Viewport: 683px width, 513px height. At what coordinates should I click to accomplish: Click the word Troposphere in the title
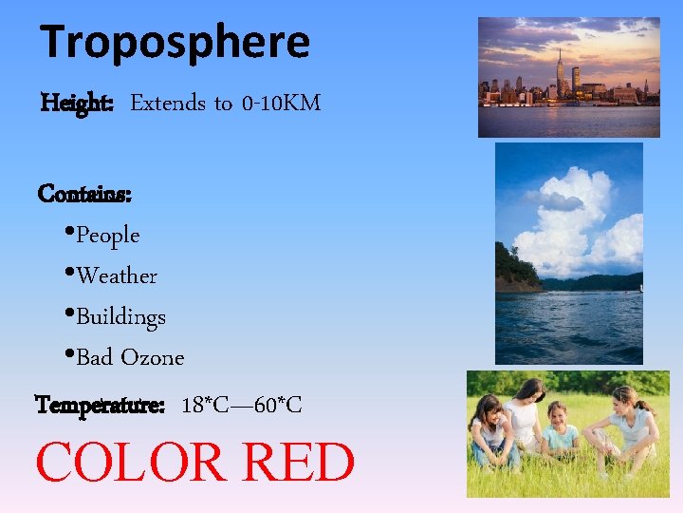pos(175,42)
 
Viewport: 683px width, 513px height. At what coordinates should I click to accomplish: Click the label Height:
pos(78,103)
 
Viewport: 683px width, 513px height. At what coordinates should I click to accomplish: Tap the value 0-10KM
pos(281,103)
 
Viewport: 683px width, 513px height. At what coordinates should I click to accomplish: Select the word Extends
pos(168,103)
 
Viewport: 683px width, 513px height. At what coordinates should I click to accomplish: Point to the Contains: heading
pos(84,194)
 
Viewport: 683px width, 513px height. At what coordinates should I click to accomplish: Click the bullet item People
pos(107,235)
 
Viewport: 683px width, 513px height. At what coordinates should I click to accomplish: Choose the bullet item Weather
pos(117,275)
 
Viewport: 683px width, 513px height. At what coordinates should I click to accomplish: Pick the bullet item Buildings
pos(120,316)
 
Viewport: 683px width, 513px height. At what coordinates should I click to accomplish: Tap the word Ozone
pos(153,357)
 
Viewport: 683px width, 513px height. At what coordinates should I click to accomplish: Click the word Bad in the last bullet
pos(95,357)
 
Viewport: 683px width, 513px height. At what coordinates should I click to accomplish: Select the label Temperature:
pos(100,406)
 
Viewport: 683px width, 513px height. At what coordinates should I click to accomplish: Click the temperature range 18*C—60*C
pos(241,406)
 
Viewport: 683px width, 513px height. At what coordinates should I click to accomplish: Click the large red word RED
pos(299,463)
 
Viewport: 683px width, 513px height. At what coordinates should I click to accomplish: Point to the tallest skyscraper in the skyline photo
pos(561,71)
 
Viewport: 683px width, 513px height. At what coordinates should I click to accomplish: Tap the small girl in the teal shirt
pos(561,432)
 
